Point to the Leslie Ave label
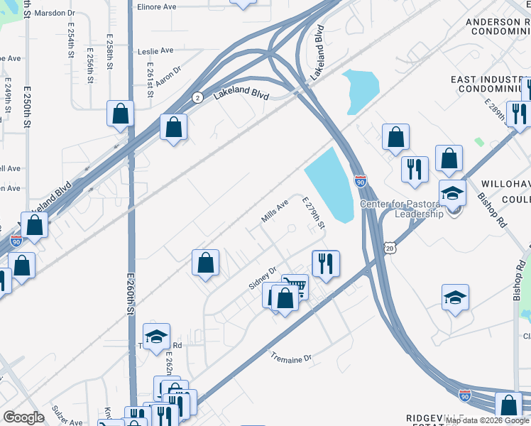156,51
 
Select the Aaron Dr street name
169,76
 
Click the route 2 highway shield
197,97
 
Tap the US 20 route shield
388,247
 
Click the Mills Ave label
275,212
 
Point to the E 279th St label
314,214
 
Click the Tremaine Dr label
291,359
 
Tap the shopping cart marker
295,286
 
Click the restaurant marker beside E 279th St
326,263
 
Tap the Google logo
23,417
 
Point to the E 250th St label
28,107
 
